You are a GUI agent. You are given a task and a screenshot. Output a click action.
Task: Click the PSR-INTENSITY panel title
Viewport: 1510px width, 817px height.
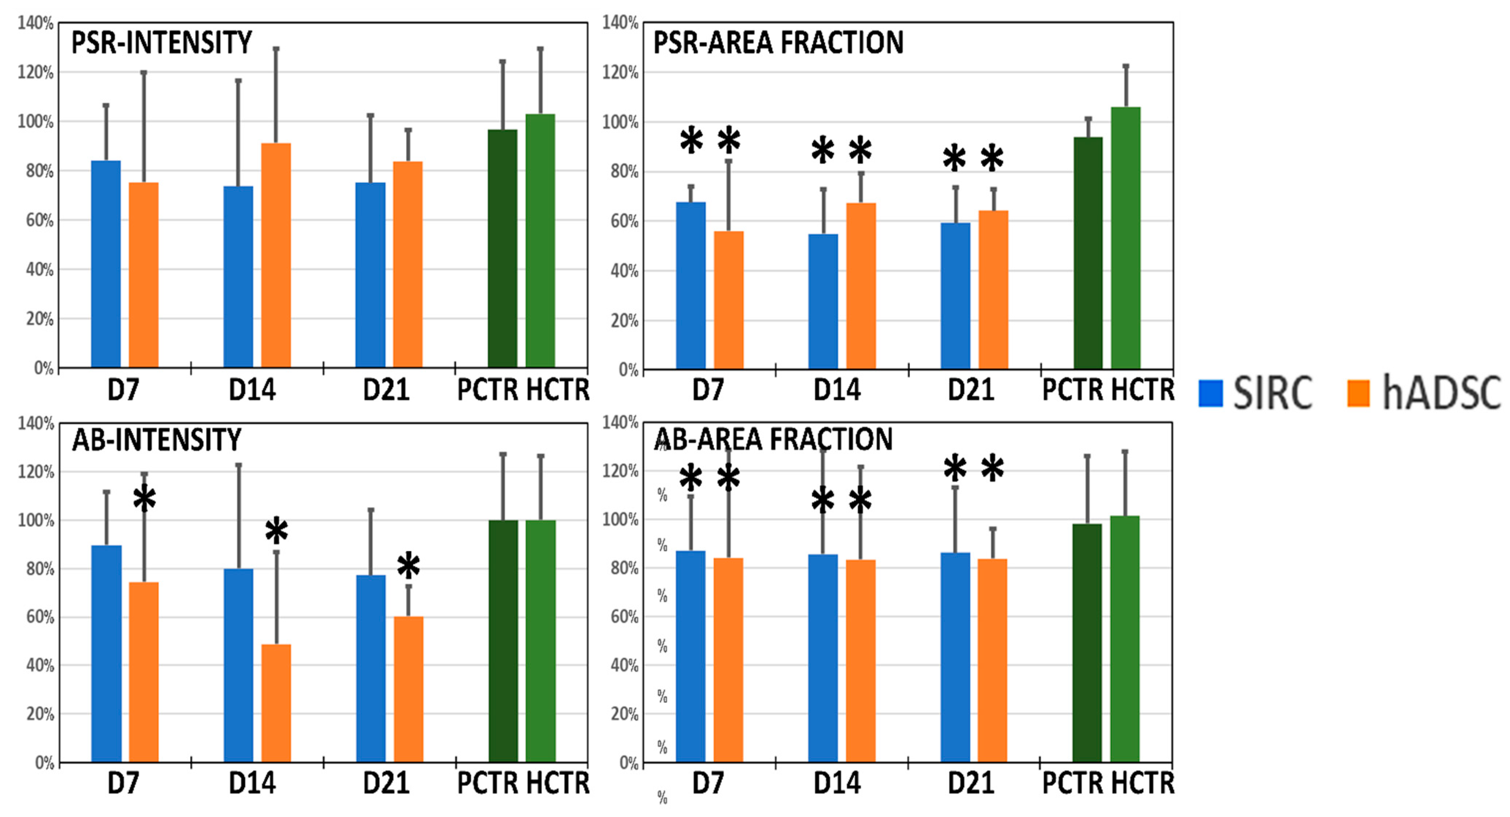[x=161, y=43]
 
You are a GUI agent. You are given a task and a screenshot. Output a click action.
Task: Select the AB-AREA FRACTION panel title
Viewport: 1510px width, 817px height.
[x=772, y=439]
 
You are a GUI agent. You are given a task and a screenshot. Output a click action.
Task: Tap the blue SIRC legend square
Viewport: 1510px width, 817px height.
[x=1210, y=393]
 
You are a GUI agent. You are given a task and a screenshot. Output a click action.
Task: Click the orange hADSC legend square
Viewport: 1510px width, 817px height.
[x=1358, y=393]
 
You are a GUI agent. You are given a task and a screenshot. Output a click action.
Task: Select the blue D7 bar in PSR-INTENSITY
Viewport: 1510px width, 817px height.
[x=106, y=264]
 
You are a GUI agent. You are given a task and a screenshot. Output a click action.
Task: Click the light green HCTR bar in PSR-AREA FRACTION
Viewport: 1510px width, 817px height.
[x=1125, y=237]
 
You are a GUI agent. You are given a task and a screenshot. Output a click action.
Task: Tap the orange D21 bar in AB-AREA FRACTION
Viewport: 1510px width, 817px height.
[x=992, y=660]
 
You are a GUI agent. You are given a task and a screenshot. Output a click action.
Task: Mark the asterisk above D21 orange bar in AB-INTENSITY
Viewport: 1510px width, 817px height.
[x=409, y=566]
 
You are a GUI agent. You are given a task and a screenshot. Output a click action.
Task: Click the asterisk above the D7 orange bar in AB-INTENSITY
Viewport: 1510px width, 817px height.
[x=144, y=500]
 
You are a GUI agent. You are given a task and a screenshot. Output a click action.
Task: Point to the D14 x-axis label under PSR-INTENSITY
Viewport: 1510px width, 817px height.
[x=252, y=390]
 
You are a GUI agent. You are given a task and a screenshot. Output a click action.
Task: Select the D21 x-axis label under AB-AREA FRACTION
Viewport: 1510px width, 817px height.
[x=971, y=783]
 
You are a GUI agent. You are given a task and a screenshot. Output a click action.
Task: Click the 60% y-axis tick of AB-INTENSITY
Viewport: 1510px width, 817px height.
[x=40, y=617]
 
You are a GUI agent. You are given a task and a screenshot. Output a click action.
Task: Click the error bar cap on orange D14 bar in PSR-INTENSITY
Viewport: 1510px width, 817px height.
[x=276, y=49]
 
